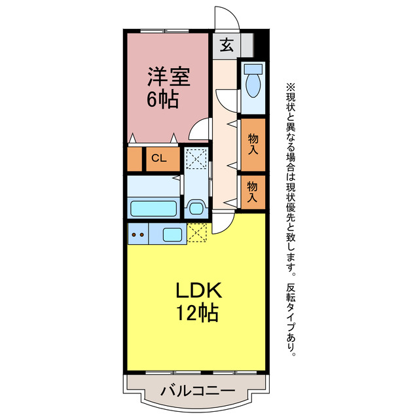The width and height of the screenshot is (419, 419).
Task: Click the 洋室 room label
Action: click(x=168, y=77)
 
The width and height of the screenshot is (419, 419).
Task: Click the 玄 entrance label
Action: click(x=225, y=45)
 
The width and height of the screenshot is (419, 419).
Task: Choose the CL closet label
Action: click(x=158, y=158)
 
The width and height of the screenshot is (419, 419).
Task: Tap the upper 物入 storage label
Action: click(x=252, y=143)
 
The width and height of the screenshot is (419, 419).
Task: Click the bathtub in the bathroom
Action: click(x=154, y=209)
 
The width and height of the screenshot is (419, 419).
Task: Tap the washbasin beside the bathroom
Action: click(x=196, y=209)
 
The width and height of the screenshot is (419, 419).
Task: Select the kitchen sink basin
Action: click(x=172, y=234)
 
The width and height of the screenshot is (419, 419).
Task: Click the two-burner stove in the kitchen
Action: click(x=139, y=234)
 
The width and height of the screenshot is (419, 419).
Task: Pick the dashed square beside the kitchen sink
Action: click(x=196, y=233)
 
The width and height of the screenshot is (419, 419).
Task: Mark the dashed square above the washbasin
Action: click(x=196, y=159)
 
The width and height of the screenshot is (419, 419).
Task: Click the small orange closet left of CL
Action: click(x=134, y=159)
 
